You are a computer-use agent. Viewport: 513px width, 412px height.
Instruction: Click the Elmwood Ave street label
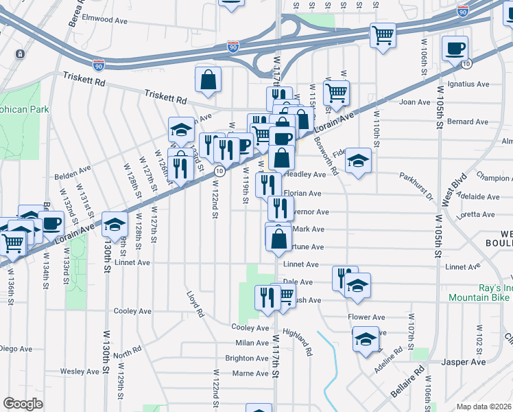pyautogui.click(x=105, y=20)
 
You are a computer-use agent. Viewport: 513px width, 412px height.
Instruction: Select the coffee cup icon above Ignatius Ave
pyautogui.click(x=455, y=49)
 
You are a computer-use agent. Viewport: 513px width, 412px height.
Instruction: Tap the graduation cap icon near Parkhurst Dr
pyautogui.click(x=357, y=161)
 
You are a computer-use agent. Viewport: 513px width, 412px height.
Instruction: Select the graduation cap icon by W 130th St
pyautogui.click(x=115, y=224)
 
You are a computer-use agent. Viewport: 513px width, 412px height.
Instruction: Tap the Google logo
pyautogui.click(x=23, y=404)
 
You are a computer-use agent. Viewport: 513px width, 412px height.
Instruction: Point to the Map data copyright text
pyautogui.click(x=484, y=407)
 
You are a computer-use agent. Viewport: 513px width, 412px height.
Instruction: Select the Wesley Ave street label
pyautogui.click(x=80, y=371)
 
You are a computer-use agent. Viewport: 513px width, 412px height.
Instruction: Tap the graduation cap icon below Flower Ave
pyautogui.click(x=365, y=339)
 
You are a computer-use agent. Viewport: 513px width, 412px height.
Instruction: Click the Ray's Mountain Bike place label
pyautogui.click(x=480, y=293)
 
